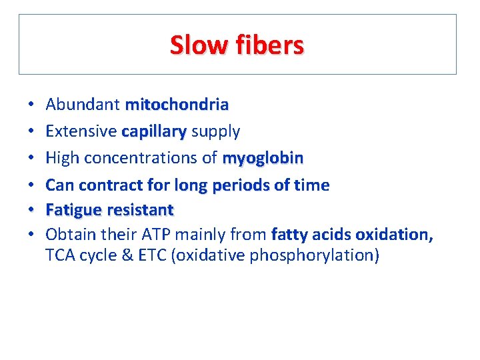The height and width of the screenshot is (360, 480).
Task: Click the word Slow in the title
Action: pos(198,45)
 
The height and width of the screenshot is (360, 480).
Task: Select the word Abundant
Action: pos(83,105)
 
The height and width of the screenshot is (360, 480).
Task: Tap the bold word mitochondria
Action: pos(177,105)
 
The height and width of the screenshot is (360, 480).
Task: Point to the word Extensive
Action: pos(81,131)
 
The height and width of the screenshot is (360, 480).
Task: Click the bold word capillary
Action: pos(154,132)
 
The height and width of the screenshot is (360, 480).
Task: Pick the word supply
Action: pos(215,132)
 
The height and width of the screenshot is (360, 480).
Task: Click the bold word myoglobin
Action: pos(263,158)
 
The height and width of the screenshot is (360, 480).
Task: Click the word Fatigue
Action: pos(71,210)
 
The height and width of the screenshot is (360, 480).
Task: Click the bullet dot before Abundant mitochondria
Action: pos(31,105)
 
